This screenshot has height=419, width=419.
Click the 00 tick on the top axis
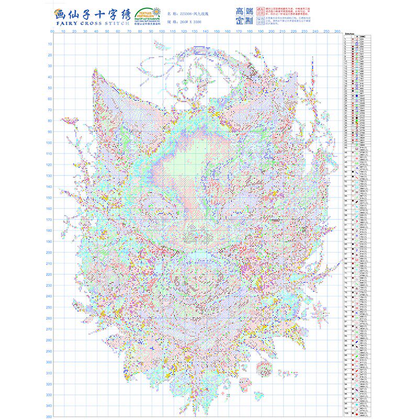pyautogui.click(x=52, y=32)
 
